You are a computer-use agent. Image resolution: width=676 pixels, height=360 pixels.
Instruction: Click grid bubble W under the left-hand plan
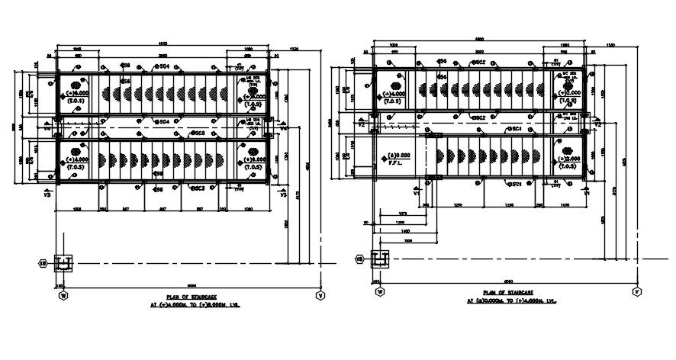63,293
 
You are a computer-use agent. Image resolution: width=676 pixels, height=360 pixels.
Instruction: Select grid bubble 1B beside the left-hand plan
44,264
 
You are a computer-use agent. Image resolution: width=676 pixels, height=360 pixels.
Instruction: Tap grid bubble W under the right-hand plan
378,291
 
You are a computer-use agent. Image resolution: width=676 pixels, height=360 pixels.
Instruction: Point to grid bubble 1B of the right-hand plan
359,259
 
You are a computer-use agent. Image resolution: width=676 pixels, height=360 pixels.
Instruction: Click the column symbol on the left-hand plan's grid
65,264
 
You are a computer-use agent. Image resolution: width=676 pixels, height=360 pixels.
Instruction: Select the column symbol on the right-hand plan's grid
379,259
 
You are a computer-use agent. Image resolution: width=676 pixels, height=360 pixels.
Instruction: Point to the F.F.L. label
395,162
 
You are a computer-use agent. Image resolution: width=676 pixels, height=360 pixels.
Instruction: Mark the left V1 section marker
417,193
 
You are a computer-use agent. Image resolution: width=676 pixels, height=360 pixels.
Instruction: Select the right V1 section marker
586,193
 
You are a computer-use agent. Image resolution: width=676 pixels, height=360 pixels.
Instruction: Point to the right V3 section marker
285,194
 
